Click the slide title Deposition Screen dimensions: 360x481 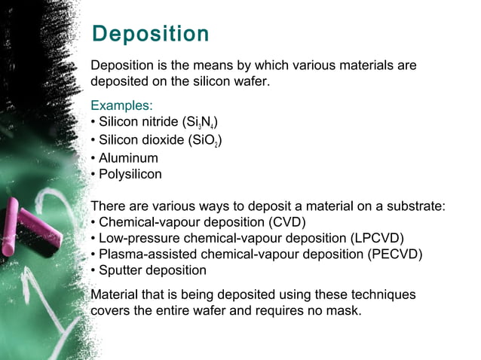pos(149,34)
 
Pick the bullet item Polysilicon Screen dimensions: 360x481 pos(130,174)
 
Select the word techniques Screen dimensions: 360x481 pos(384,293)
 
